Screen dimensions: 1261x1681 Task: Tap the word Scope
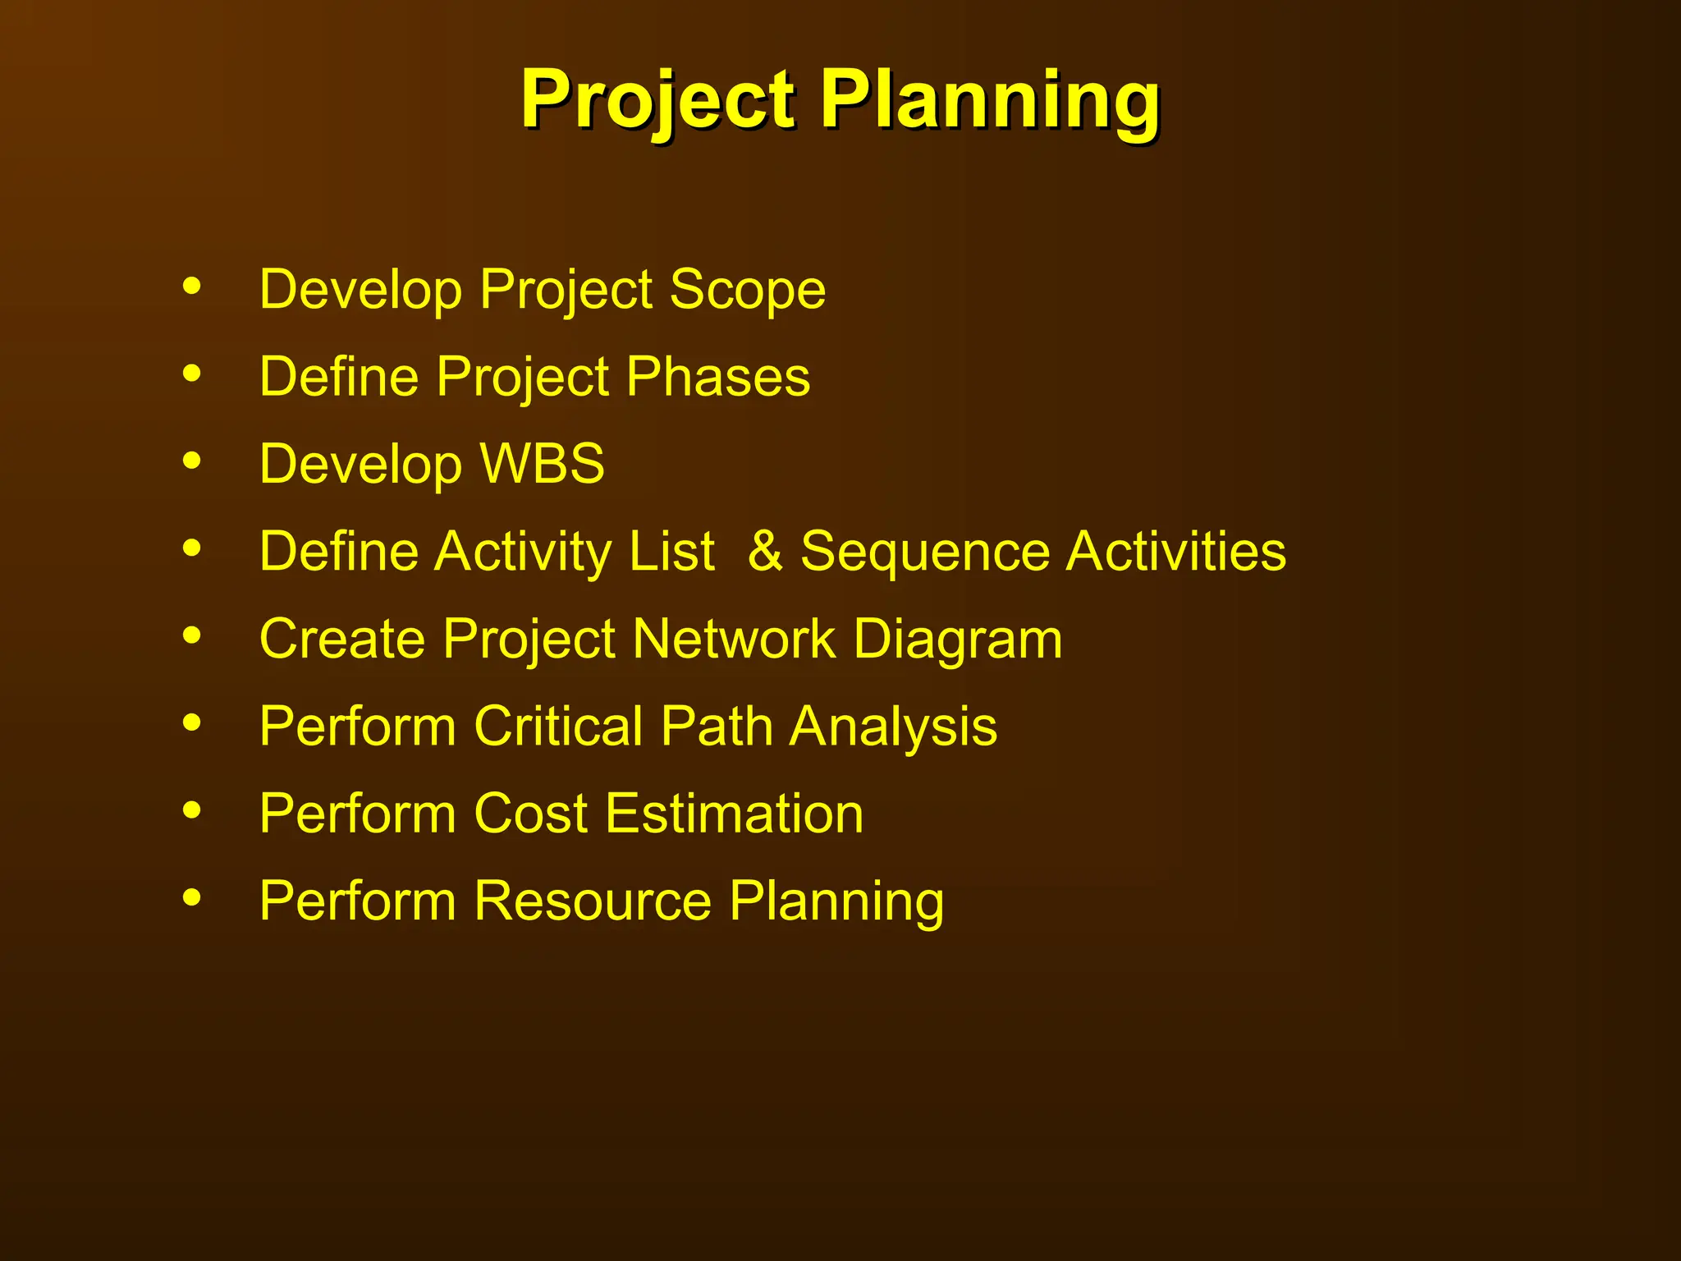(x=747, y=290)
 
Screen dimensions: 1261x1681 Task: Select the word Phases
(x=718, y=377)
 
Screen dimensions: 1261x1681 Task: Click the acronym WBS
(x=542, y=464)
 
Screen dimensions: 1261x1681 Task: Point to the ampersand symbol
(x=765, y=551)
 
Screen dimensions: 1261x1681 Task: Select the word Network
(x=734, y=639)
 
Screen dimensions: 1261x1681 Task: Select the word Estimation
(x=735, y=814)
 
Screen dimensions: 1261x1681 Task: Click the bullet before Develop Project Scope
(x=192, y=287)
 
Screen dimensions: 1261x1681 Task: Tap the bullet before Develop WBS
(x=192, y=461)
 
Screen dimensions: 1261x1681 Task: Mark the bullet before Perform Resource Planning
(x=192, y=897)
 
